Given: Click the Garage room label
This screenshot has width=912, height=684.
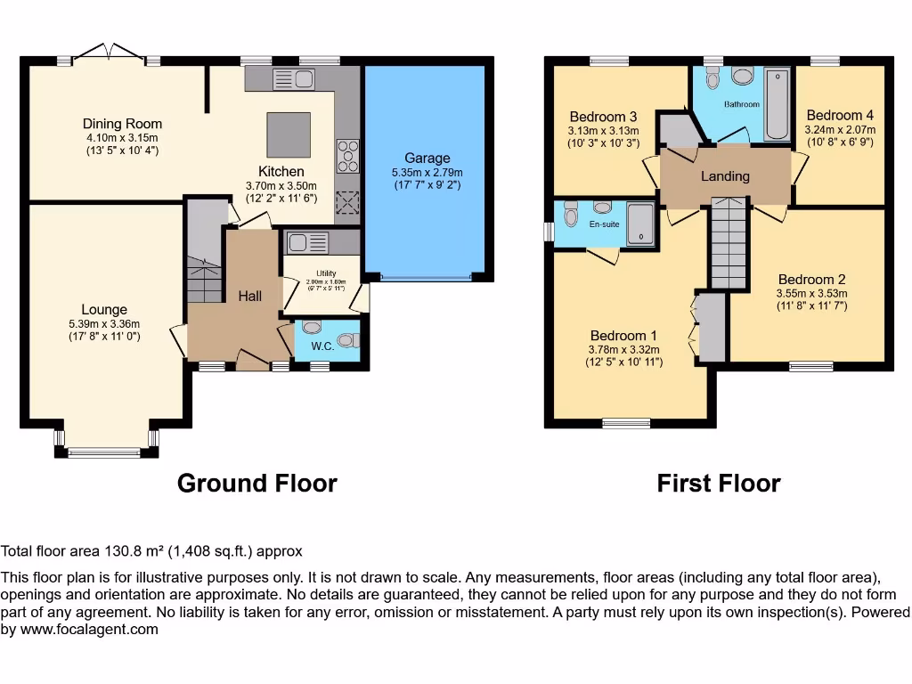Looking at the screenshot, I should click(427, 158).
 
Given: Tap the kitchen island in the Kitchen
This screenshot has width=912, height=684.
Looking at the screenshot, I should click(289, 134).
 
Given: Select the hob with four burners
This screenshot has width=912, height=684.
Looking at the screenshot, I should click(346, 157).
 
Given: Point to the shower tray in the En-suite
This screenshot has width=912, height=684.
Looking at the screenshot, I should click(639, 223).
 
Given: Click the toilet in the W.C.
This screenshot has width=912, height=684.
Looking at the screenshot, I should click(351, 339).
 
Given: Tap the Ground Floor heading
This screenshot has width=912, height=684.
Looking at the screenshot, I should click(256, 484).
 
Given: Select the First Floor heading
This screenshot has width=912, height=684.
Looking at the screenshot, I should click(718, 484).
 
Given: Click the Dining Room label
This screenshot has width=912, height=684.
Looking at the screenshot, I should click(122, 124).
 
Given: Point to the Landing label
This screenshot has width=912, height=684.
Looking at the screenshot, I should click(725, 176).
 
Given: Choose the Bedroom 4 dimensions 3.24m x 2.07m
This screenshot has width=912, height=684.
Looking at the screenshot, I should click(840, 128).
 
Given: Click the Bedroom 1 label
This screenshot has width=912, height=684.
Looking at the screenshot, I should click(623, 336).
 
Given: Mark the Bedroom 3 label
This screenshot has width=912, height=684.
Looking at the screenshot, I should click(603, 117).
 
